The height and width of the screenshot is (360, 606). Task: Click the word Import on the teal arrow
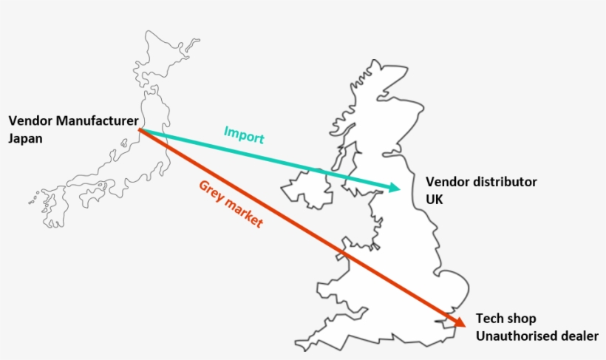244,135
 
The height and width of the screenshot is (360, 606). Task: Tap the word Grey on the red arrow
211,191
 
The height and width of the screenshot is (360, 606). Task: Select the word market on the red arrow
245,213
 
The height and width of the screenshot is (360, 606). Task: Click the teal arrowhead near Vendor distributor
393,188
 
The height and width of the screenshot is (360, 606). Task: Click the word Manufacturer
97,120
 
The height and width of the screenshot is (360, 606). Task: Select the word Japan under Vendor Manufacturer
26,139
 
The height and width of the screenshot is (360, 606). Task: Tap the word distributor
503,182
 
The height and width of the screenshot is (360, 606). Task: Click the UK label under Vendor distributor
434,200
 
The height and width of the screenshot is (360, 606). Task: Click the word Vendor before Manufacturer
30,120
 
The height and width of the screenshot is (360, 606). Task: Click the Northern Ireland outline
307,189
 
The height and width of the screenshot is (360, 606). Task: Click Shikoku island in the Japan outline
93,195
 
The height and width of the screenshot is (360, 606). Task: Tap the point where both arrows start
139,129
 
